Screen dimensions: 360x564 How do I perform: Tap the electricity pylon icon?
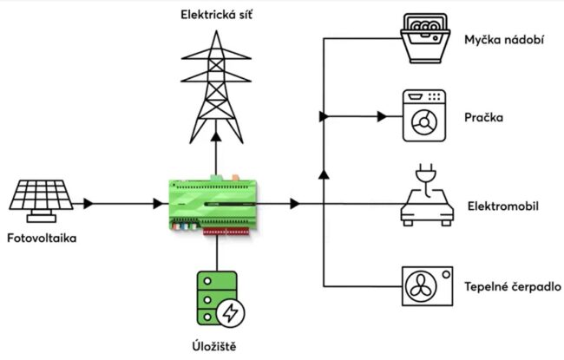coord(213,82)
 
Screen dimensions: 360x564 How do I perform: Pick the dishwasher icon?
coord(424,39)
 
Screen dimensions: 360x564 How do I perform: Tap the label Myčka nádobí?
coord(504,41)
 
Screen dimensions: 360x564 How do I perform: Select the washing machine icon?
coord(424,115)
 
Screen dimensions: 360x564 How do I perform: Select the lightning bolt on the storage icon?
coord(230,311)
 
